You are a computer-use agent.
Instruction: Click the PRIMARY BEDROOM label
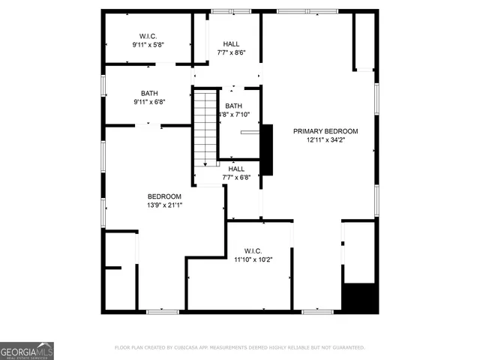325,131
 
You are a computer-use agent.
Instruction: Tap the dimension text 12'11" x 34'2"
325,139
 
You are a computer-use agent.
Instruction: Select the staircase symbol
205,127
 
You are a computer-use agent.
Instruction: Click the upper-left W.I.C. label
148,37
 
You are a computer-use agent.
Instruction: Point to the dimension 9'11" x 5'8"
148,45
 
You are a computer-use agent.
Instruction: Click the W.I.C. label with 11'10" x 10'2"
252,251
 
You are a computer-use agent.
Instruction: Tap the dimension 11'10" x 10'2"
252,259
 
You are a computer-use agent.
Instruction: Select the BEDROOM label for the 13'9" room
164,196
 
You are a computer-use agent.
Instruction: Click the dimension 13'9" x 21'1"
164,205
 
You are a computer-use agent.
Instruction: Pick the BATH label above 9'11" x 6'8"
149,94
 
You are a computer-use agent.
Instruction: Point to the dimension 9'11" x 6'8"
149,102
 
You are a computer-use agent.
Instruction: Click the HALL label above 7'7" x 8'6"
231,44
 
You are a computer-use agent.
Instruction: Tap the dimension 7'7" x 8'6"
231,52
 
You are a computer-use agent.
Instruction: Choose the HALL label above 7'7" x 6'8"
236,169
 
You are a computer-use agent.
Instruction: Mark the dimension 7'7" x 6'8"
236,178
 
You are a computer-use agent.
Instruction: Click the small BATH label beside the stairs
234,106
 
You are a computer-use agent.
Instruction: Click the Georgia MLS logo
27,350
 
